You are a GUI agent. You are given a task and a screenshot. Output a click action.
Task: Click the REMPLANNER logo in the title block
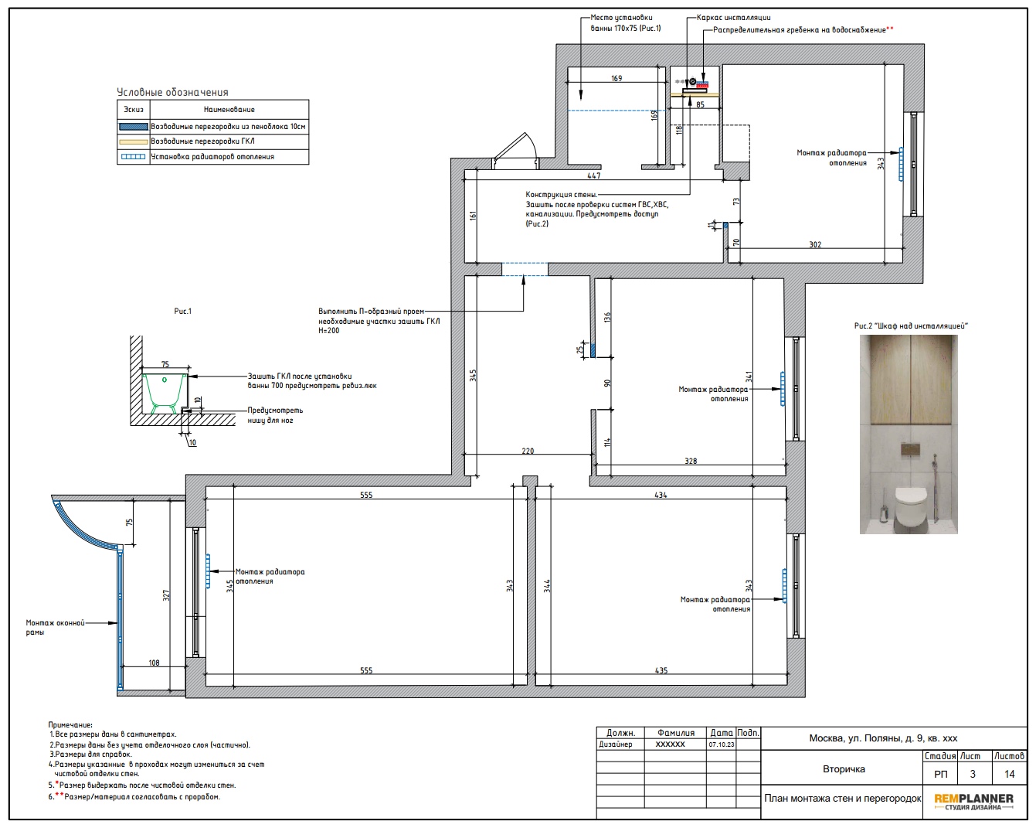pos(973,802)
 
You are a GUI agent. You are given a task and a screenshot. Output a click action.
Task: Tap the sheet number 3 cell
pos(973,774)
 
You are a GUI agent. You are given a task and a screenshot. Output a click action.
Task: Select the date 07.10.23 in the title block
pos(721,745)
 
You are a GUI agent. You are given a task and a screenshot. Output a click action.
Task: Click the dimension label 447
pos(593,176)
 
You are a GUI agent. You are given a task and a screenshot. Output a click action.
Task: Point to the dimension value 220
pos(528,451)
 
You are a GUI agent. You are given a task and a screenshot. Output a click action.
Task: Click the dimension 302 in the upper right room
pos(815,245)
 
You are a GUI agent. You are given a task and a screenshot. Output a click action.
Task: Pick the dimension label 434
pos(661,495)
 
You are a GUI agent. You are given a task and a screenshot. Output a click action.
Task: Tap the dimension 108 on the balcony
pos(154,663)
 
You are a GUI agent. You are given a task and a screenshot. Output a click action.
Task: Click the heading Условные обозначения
pos(172,92)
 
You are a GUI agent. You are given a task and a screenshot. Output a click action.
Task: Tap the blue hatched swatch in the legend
pos(134,127)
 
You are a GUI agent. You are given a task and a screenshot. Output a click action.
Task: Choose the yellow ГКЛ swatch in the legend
pos(134,141)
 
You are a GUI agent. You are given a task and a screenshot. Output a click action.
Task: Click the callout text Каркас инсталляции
pos(734,18)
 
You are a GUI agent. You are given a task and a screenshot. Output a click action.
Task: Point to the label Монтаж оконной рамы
pos(55,628)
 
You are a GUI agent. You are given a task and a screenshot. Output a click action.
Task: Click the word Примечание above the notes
pos(70,725)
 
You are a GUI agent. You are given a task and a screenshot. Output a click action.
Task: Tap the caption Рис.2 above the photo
pos(862,325)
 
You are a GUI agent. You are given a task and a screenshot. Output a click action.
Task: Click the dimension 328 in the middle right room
pos(691,462)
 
